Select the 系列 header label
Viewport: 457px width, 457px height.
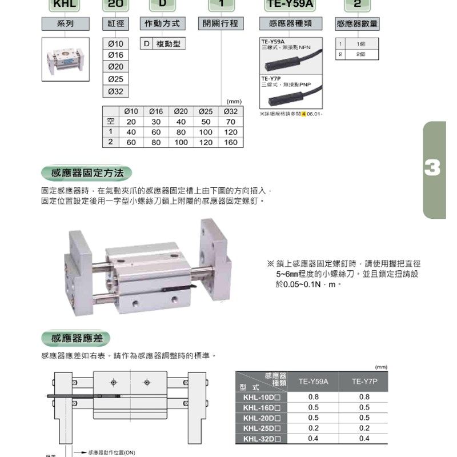pos(65,24)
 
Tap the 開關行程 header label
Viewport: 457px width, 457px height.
pos(220,24)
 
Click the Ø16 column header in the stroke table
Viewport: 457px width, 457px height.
pos(156,111)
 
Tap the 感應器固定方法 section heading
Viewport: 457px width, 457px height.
pos(86,173)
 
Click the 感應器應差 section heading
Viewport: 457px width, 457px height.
pos(77,338)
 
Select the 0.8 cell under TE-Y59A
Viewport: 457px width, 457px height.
pos(313,397)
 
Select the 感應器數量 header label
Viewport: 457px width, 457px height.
pos(358,24)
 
